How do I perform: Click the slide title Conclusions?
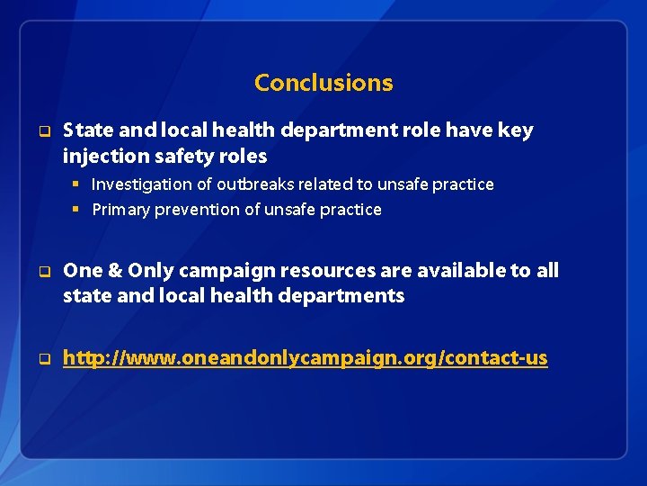point(323,83)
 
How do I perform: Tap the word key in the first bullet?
point(515,130)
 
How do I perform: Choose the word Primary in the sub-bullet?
point(120,210)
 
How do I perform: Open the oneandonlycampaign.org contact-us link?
point(305,358)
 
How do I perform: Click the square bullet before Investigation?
point(78,184)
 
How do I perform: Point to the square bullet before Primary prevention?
point(78,210)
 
